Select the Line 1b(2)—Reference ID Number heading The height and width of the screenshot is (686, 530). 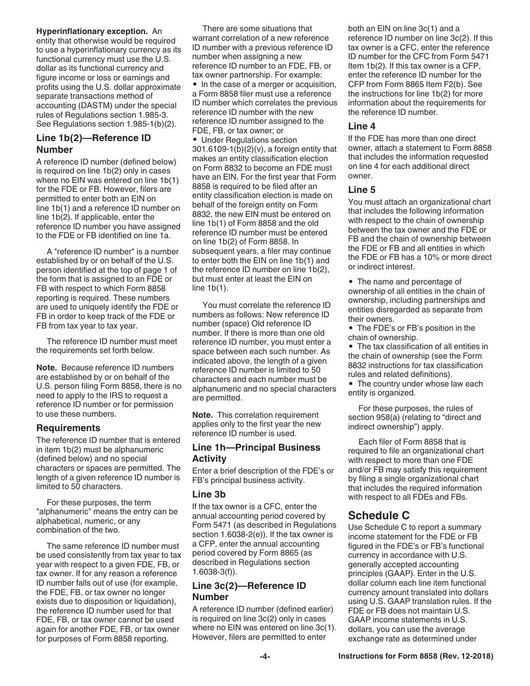(x=93, y=143)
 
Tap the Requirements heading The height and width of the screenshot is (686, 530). (x=69, y=428)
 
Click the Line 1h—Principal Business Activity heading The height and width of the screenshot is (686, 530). (x=256, y=453)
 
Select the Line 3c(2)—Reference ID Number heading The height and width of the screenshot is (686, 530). (x=249, y=591)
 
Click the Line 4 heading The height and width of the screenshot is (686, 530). (x=362, y=126)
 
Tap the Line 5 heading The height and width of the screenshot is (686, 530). (x=362, y=190)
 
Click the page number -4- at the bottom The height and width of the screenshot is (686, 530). (x=265, y=656)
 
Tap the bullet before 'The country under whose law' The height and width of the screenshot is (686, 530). (x=351, y=384)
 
